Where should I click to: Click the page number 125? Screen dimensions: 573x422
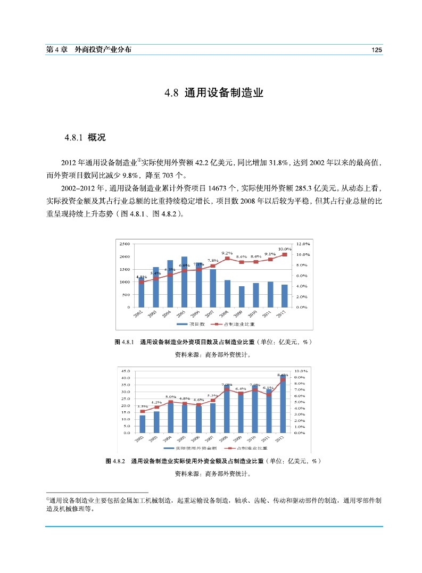377,49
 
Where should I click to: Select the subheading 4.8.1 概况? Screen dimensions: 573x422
85,138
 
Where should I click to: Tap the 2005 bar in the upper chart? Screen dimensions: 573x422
184,282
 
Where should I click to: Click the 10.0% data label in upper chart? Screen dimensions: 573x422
285,249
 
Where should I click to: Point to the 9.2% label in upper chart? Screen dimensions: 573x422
227,253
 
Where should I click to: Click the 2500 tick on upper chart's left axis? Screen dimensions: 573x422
124,244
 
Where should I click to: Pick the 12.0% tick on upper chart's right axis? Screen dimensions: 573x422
303,244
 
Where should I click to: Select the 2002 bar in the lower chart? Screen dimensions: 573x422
142,423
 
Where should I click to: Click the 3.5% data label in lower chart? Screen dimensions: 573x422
142,406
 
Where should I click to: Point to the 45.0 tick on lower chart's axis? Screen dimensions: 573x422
126,371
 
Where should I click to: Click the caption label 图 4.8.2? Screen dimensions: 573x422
115,461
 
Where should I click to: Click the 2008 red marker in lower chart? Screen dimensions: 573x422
227,389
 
